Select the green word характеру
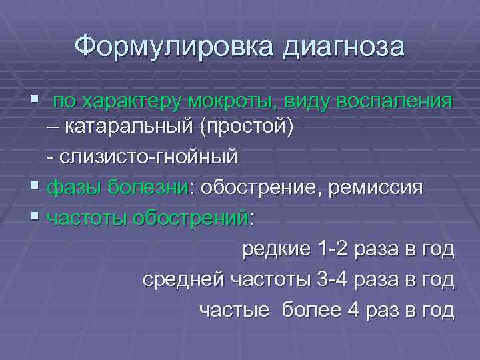pos(131,102)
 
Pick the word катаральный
pos(139,126)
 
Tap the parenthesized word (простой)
pos(253,126)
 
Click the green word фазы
pos(70,188)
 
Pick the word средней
pos(183,280)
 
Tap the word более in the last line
pos(309,311)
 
